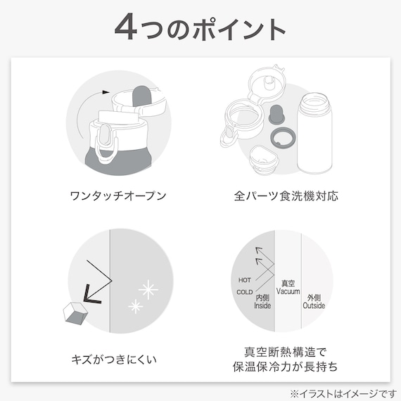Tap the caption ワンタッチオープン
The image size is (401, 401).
[119, 195]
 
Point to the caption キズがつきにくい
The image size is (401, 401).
[119, 360]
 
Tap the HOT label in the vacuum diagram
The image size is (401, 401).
[244, 279]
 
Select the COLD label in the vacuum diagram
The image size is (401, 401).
[245, 292]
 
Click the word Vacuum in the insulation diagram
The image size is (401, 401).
[288, 291]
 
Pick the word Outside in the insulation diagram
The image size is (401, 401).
[314, 305]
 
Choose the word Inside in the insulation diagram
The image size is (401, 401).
[262, 305]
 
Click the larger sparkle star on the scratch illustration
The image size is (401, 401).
[148, 288]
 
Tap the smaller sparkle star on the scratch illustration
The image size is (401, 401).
[134, 305]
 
